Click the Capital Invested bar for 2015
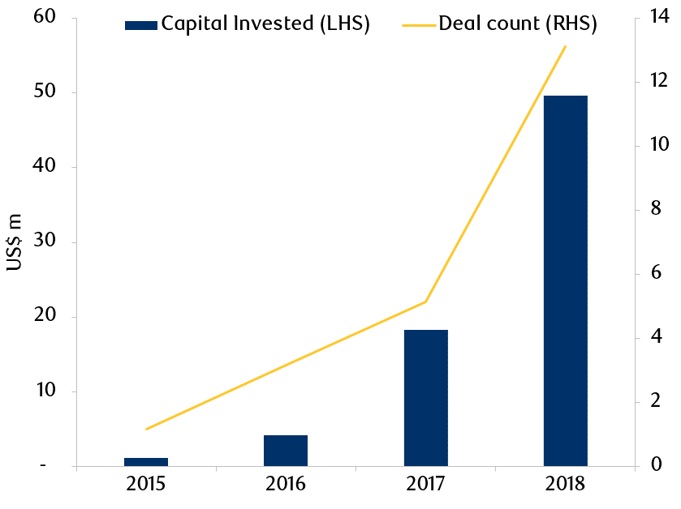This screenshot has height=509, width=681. (146, 462)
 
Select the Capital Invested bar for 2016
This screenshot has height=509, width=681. (286, 451)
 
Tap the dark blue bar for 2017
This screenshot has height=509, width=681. (425, 398)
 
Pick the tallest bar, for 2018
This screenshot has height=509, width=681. (566, 281)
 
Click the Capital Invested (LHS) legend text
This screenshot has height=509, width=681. (265, 24)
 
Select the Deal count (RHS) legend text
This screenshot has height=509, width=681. (518, 24)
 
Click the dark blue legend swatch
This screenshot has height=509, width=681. (141, 26)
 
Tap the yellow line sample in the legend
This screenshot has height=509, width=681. (419, 26)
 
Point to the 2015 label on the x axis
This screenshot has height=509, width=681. (146, 484)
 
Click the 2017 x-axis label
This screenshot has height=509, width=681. (425, 484)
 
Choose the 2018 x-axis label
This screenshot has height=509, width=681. (566, 484)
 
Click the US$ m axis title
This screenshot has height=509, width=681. (15, 242)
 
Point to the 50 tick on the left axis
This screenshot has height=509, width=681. (45, 91)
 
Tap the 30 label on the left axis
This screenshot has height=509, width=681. (45, 240)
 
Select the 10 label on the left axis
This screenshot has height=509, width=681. (45, 390)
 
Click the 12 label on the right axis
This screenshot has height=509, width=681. (659, 80)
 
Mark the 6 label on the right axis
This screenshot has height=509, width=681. (656, 272)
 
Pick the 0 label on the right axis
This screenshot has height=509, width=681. (657, 464)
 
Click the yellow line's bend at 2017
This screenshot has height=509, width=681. (425, 302)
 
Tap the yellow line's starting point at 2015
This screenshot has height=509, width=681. (146, 430)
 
